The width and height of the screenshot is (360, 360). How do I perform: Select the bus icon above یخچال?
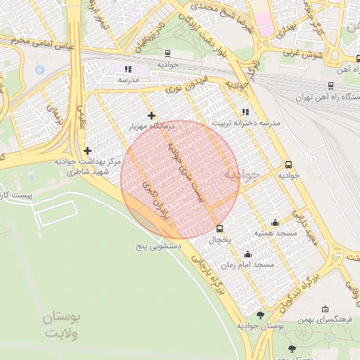click(x=220, y=229)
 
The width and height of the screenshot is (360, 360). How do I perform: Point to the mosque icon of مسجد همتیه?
click(x=275, y=222)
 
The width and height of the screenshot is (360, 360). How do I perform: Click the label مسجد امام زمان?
click(x=247, y=264)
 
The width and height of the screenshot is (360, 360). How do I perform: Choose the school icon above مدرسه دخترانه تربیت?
click(x=245, y=112)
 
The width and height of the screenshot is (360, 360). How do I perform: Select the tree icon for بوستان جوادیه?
click(x=261, y=315)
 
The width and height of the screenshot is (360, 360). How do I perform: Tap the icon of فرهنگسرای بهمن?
click(x=325, y=309)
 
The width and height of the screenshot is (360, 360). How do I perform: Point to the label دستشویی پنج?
click(x=160, y=247)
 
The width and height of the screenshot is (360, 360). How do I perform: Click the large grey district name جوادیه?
click(x=243, y=173)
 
